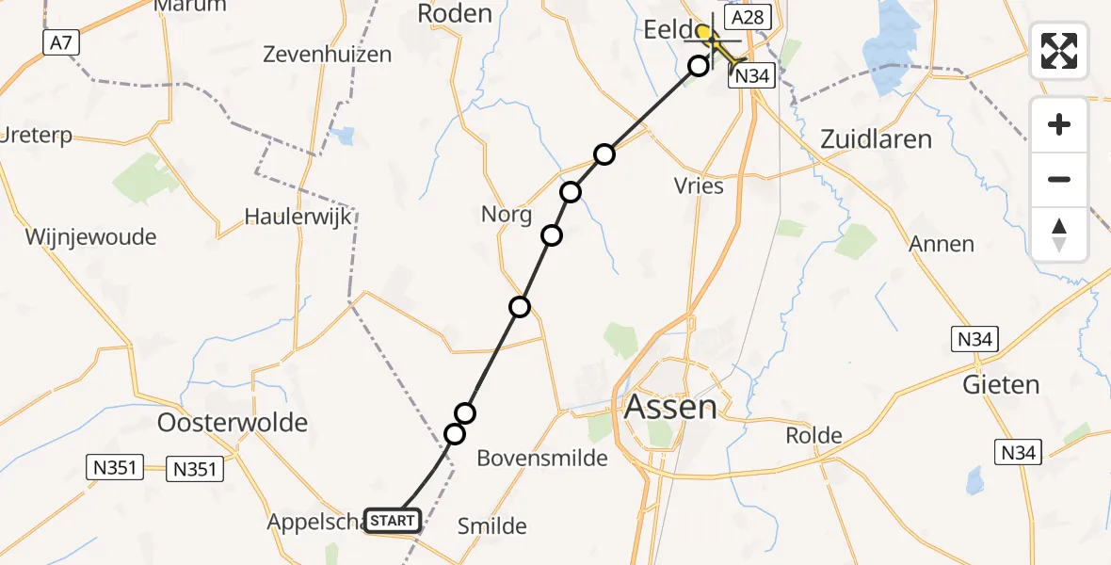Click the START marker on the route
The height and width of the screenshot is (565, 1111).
[x=392, y=520]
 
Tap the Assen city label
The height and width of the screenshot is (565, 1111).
[x=669, y=408]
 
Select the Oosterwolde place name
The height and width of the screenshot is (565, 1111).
[x=233, y=422]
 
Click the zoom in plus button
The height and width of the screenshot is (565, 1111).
[x=1059, y=124]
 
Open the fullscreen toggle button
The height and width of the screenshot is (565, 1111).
[x=1059, y=51]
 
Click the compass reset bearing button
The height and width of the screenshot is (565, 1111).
[x=1059, y=234]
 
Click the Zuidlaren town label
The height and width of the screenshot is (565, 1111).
[x=876, y=139]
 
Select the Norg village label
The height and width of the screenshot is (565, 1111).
[x=507, y=214]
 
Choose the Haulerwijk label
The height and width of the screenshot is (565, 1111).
[x=298, y=216]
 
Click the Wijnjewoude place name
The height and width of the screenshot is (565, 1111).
[x=91, y=236]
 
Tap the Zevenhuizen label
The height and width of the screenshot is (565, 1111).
[x=328, y=54]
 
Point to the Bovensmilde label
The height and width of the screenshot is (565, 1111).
[x=542, y=458]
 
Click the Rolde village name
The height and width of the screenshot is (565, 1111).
[x=814, y=435]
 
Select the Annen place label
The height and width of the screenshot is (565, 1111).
[x=942, y=244]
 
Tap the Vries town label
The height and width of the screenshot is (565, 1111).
[x=699, y=186]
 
